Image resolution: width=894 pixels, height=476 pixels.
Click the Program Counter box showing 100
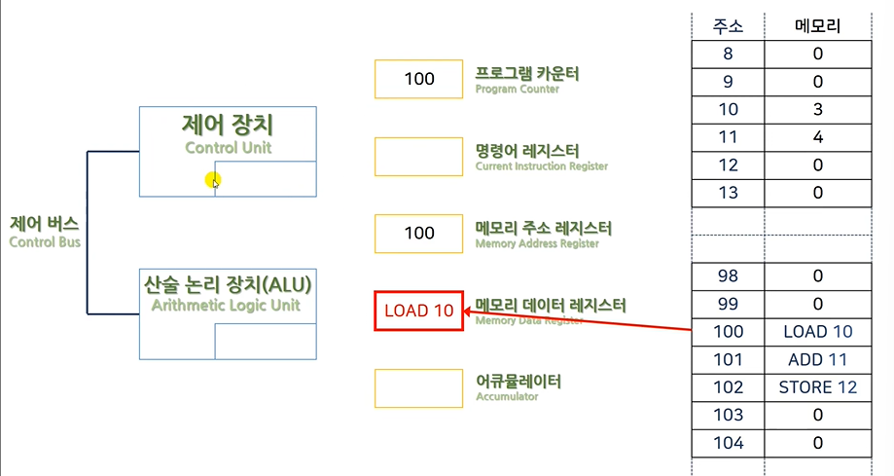pos(418,80)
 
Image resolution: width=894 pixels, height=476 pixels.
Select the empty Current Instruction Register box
pos(418,157)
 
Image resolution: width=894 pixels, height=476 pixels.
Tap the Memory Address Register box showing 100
pos(418,234)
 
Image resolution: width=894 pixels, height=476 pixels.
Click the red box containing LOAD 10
pos(418,311)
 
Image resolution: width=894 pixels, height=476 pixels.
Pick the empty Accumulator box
pos(418,387)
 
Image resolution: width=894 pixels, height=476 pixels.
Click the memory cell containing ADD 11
pos(817,359)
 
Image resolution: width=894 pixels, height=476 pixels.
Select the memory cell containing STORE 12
pos(817,387)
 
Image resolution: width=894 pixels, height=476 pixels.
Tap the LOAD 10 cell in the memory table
pos(817,332)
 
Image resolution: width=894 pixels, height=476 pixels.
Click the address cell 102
pos(728,387)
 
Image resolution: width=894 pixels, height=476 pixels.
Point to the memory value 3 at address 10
pos(817,109)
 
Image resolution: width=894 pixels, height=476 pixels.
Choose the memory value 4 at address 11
pos(817,137)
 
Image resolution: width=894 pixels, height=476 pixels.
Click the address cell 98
pos(728,275)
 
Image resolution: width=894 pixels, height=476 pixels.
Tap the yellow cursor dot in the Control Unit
pos(213,179)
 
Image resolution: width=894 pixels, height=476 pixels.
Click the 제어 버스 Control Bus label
pos(45,232)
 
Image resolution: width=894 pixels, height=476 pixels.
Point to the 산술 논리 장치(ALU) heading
pos(228,284)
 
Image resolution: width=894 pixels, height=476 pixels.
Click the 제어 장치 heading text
pos(228,126)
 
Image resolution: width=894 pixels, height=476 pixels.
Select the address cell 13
pos(728,193)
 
